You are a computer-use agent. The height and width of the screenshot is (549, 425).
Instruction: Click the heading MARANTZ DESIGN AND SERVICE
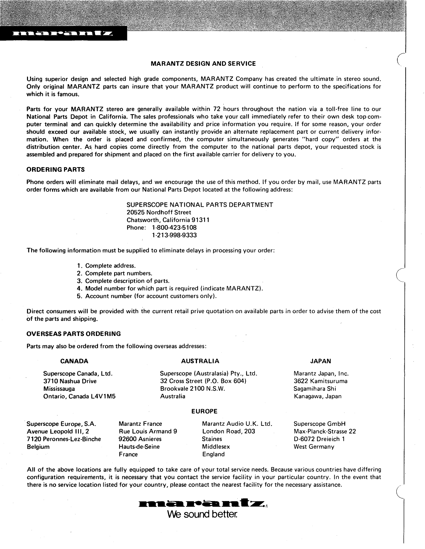(x=203, y=64)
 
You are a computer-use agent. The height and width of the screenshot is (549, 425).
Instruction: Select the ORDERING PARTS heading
(x=55, y=169)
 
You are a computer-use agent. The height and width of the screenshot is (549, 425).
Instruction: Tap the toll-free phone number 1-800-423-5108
(x=174, y=228)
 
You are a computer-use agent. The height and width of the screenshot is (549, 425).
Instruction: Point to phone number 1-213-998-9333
(x=174, y=235)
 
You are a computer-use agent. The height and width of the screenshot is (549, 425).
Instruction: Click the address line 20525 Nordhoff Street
(x=159, y=212)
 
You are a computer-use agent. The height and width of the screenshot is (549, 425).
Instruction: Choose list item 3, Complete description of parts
(x=127, y=281)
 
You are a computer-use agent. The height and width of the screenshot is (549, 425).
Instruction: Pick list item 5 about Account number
(x=151, y=296)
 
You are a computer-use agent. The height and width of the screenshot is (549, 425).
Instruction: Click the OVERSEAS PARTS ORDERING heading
(x=73, y=334)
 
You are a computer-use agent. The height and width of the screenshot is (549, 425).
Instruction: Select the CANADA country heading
(x=74, y=361)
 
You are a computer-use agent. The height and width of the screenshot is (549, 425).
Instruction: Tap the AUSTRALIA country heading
(x=200, y=361)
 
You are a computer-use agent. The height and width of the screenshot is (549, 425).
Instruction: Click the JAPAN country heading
(x=320, y=361)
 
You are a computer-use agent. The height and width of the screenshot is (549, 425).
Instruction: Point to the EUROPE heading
(x=204, y=412)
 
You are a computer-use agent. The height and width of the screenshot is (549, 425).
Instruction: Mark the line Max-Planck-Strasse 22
(x=324, y=431)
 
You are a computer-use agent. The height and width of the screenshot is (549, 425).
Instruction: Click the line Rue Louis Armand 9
(x=148, y=431)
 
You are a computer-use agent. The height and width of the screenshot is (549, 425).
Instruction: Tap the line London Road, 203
(x=228, y=431)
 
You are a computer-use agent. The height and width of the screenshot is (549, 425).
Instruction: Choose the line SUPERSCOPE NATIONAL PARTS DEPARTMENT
(x=200, y=205)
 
